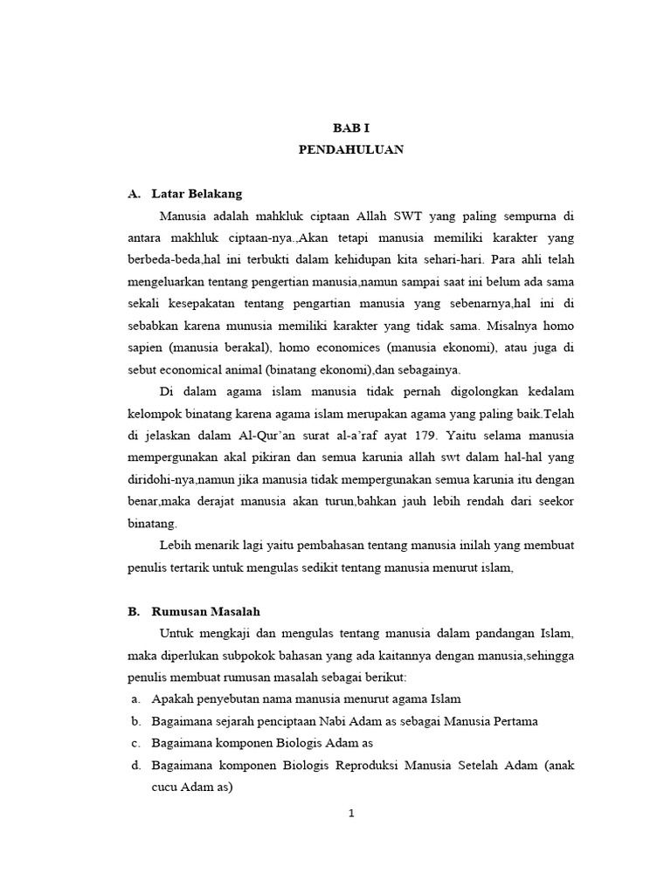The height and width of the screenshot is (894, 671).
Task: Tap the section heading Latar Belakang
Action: click(x=196, y=193)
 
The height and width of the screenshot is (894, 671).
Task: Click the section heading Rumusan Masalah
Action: click(x=205, y=612)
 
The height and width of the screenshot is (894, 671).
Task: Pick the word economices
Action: click(x=342, y=347)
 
